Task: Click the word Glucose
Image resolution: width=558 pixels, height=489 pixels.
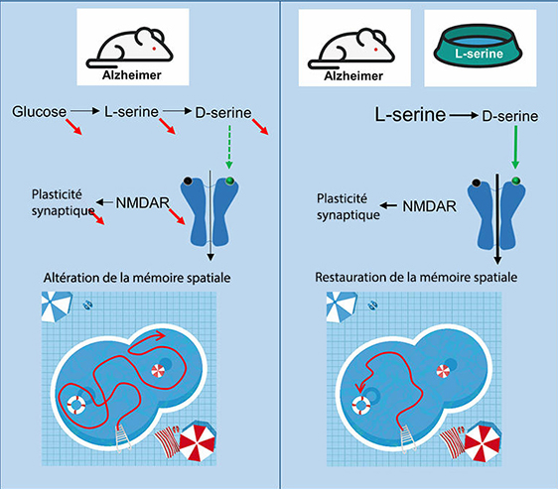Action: tap(39, 112)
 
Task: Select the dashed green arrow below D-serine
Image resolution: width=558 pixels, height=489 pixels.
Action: tap(229, 147)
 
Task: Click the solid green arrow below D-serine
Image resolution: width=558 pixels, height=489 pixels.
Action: tap(515, 147)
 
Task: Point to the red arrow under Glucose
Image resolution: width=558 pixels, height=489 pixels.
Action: tap(74, 127)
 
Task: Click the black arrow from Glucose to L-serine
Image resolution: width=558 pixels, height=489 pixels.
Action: tap(85, 111)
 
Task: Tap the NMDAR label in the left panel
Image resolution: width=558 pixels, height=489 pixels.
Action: tap(142, 202)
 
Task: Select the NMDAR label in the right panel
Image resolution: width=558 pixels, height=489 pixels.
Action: tap(429, 206)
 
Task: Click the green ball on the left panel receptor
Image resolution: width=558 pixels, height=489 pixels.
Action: tap(230, 181)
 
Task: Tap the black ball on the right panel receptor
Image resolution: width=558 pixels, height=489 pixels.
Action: tap(477, 183)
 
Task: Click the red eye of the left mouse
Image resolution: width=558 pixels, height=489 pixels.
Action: tap(154, 48)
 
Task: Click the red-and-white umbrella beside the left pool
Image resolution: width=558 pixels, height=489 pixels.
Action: tap(198, 442)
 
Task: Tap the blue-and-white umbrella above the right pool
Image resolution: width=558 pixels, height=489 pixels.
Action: tap(342, 306)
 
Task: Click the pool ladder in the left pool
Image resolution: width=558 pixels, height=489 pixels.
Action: tap(123, 437)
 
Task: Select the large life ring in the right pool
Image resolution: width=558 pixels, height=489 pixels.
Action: tap(360, 406)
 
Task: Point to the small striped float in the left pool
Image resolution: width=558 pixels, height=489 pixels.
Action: tap(158, 371)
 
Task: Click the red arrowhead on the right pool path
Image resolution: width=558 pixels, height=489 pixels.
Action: tap(360, 388)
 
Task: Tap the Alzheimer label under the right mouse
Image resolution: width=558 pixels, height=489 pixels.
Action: tap(353, 75)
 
